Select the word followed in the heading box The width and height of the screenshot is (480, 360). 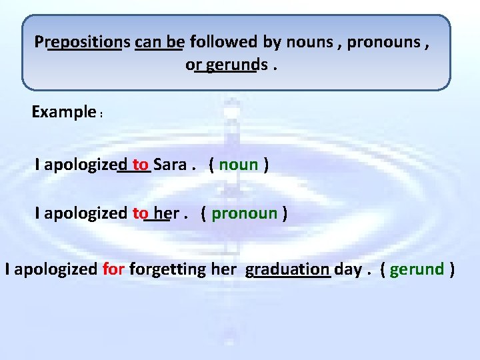pyautogui.click(x=224, y=42)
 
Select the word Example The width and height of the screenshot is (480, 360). pyautogui.click(x=63, y=111)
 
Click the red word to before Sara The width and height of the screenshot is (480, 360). pyautogui.click(x=140, y=165)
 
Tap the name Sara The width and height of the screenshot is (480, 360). pyautogui.click(x=170, y=165)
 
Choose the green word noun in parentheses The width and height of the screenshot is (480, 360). pyautogui.click(x=238, y=165)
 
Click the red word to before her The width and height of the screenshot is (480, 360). pyautogui.click(x=141, y=213)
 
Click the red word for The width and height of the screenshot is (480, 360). pyautogui.click(x=114, y=269)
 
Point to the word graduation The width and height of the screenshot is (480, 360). pyautogui.click(x=287, y=269)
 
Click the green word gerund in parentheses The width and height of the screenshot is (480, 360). pyautogui.click(x=417, y=269)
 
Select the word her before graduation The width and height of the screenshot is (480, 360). pyautogui.click(x=224, y=269)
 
